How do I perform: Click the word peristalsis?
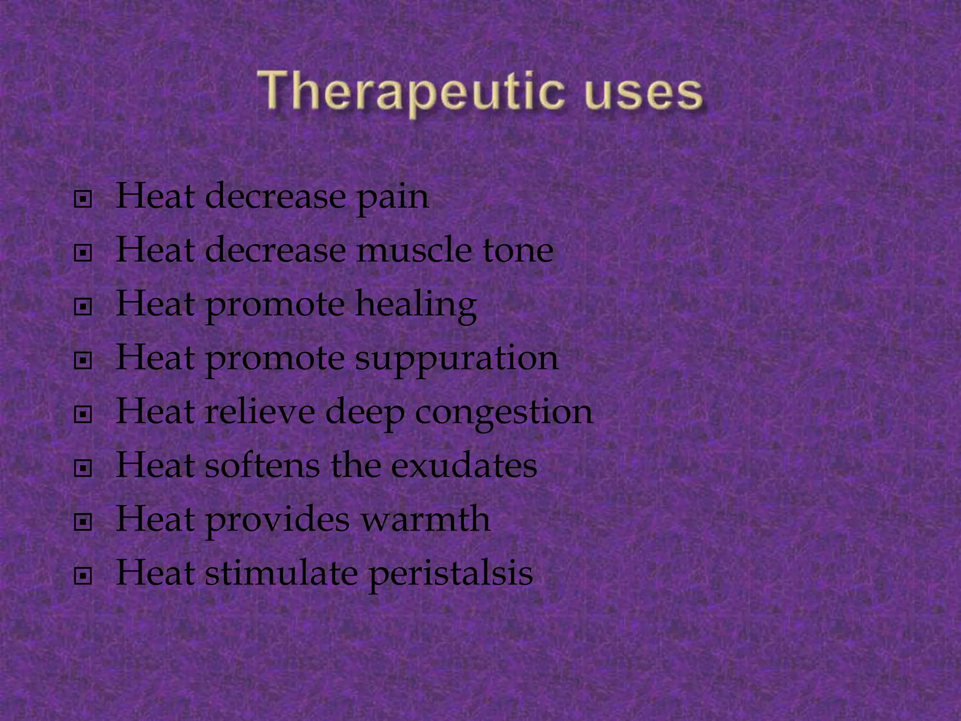(x=450, y=575)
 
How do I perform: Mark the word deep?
(x=365, y=413)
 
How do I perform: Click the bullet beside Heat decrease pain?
(x=83, y=199)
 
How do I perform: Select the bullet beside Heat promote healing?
(x=83, y=307)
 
